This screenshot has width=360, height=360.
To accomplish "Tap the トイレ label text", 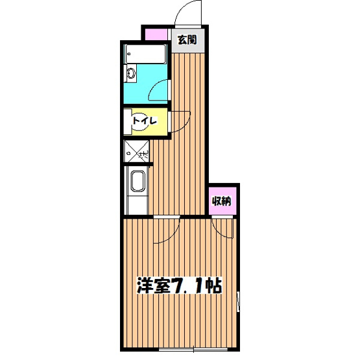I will click(143, 121).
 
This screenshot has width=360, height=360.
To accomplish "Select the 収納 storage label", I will click(222, 200).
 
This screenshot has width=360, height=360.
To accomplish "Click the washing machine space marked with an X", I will click(136, 152).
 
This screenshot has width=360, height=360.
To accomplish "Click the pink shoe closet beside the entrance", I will click(156, 34).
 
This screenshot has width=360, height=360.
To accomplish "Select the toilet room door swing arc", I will click(180, 121).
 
